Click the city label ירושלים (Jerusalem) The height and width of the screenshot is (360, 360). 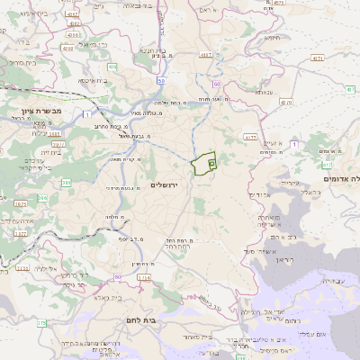point(164,184)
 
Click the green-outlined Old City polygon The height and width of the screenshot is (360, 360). point(204,164)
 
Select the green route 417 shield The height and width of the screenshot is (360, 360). point(326,165)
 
